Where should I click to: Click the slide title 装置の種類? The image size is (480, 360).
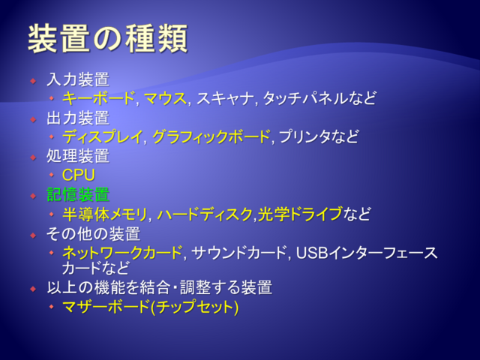(108, 39)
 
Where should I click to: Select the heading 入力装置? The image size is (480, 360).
(78, 79)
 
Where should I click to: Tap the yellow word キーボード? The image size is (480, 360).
(98, 98)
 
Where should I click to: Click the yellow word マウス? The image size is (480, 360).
(165, 98)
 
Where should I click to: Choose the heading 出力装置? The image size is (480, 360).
(78, 118)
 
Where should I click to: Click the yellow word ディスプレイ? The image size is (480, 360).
(103, 136)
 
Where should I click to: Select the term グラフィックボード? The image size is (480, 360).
(211, 136)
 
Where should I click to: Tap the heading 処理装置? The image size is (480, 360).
(78, 156)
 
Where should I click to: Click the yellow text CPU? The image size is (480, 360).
(79, 175)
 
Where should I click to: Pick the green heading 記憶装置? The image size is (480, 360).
(78, 194)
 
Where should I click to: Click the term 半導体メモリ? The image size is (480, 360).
(105, 214)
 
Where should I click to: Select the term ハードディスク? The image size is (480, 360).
(205, 214)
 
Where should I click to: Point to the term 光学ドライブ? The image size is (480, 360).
(300, 214)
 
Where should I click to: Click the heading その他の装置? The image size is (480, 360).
(93, 234)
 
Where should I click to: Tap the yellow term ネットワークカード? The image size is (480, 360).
(122, 253)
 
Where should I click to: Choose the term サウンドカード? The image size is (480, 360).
(239, 253)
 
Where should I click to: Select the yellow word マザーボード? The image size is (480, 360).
(106, 307)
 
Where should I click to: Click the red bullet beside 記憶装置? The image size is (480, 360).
(33, 196)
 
